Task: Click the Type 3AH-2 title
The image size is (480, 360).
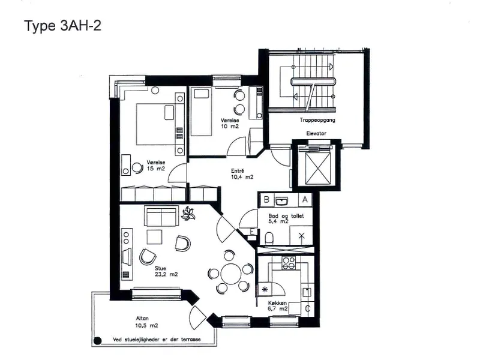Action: (x=62, y=26)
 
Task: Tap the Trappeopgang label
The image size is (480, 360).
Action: (x=317, y=120)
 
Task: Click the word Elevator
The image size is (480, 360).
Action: (x=316, y=133)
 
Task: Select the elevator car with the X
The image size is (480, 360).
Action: (x=318, y=169)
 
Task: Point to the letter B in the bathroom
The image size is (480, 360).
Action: (x=266, y=200)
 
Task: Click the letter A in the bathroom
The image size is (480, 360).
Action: (x=305, y=200)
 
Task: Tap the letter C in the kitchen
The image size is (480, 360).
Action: (x=308, y=308)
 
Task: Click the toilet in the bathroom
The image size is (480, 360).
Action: (x=269, y=238)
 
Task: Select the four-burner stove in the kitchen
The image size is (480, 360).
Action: (x=289, y=263)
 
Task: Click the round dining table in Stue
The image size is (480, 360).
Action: (x=230, y=274)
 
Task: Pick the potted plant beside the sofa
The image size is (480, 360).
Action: (x=188, y=214)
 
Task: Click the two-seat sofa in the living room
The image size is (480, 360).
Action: (x=161, y=217)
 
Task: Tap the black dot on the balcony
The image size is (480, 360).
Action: (x=98, y=341)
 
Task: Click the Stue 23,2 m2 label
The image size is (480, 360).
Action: (x=166, y=272)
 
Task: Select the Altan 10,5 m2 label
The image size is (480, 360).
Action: (x=146, y=322)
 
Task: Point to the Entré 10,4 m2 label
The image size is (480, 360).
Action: (x=242, y=174)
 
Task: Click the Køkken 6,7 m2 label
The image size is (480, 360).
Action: (x=278, y=306)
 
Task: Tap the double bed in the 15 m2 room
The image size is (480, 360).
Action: (x=155, y=124)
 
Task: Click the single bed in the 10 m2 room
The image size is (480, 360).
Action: (x=201, y=112)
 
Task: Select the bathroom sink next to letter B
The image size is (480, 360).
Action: (x=281, y=201)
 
